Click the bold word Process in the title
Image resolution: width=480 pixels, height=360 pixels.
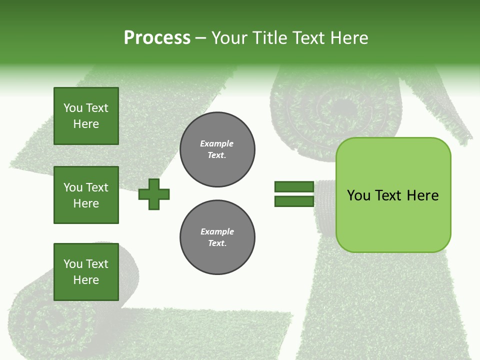click(x=157, y=38)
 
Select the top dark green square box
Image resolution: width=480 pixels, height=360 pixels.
click(x=86, y=116)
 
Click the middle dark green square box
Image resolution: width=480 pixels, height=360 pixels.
click(x=86, y=195)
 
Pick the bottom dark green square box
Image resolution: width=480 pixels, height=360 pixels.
click(x=86, y=272)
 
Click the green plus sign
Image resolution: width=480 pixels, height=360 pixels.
click(x=154, y=194)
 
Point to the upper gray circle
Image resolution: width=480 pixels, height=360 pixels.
click(x=217, y=149)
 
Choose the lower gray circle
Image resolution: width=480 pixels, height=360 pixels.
click(x=217, y=237)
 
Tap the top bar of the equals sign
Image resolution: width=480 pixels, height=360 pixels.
click(x=294, y=186)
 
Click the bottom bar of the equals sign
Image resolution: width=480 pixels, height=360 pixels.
click(x=294, y=201)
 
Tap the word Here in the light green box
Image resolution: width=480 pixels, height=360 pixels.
click(x=422, y=195)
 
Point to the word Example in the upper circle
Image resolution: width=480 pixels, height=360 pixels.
click(x=216, y=143)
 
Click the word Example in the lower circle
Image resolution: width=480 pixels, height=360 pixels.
click(x=217, y=231)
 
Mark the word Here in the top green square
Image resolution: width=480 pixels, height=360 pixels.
click(x=86, y=124)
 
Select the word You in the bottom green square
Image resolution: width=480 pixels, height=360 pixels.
click(x=73, y=264)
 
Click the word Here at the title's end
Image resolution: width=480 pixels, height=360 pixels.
click(x=350, y=38)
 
